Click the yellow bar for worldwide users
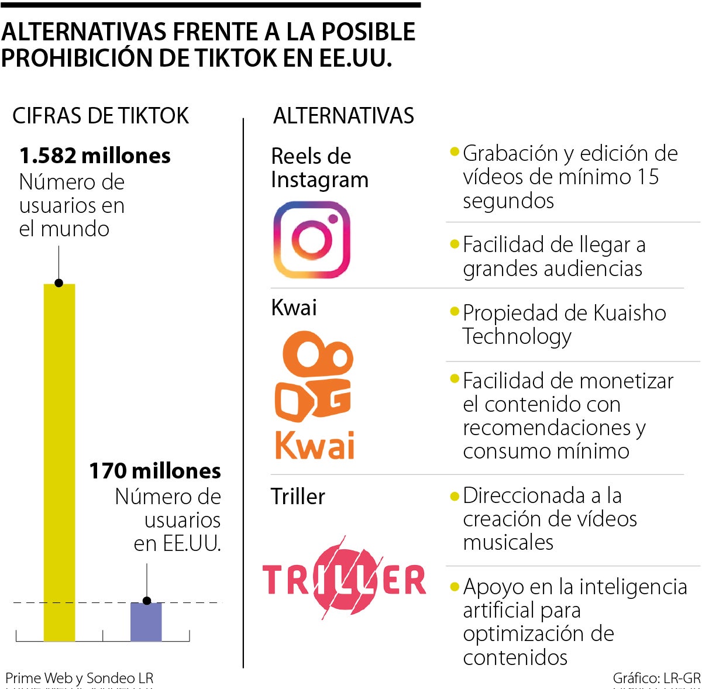coord(59,462)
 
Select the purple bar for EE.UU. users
coord(146,622)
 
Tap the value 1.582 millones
coord(95,156)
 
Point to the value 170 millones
coord(155,471)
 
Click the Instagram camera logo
coord(312,240)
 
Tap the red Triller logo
coord(345,579)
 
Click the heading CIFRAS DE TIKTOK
coord(101,116)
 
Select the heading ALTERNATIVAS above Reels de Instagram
coord(343,116)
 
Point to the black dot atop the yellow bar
coord(59,283)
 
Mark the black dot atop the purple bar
coord(147,601)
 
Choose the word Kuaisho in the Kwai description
coord(629,313)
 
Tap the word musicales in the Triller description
coord(508,542)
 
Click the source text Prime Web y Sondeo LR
coord(80,678)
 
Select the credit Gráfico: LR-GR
coord(656,678)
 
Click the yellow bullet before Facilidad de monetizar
coord(455,379)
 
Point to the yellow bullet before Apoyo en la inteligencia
coord(455,585)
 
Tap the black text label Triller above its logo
coord(298,497)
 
